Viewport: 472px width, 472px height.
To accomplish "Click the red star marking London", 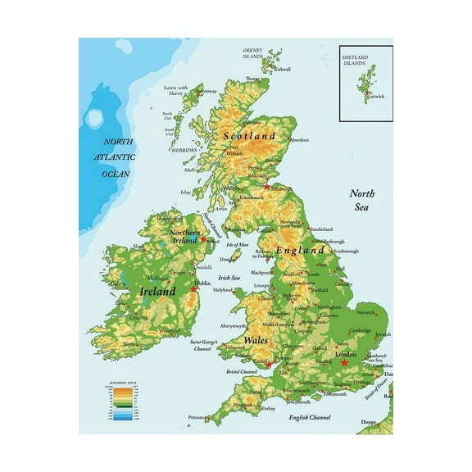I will point(344,362).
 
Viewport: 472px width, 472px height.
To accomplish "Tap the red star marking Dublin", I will point(194,288).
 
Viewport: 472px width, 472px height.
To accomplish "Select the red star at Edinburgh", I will point(266,186).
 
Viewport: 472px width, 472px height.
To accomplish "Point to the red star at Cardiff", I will point(268,365).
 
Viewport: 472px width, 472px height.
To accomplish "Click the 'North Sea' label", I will point(361,200).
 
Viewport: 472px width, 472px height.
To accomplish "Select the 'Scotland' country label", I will point(250,134).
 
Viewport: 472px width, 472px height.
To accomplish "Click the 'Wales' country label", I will point(255,338).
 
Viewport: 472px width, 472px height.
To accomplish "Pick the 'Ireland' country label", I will point(157,291).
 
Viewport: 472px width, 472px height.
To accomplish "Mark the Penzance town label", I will point(196,417).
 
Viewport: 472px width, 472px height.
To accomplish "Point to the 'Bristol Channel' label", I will point(243,372).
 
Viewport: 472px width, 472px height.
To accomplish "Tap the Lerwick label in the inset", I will point(375,96).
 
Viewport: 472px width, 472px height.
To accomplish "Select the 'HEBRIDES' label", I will point(184,150).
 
